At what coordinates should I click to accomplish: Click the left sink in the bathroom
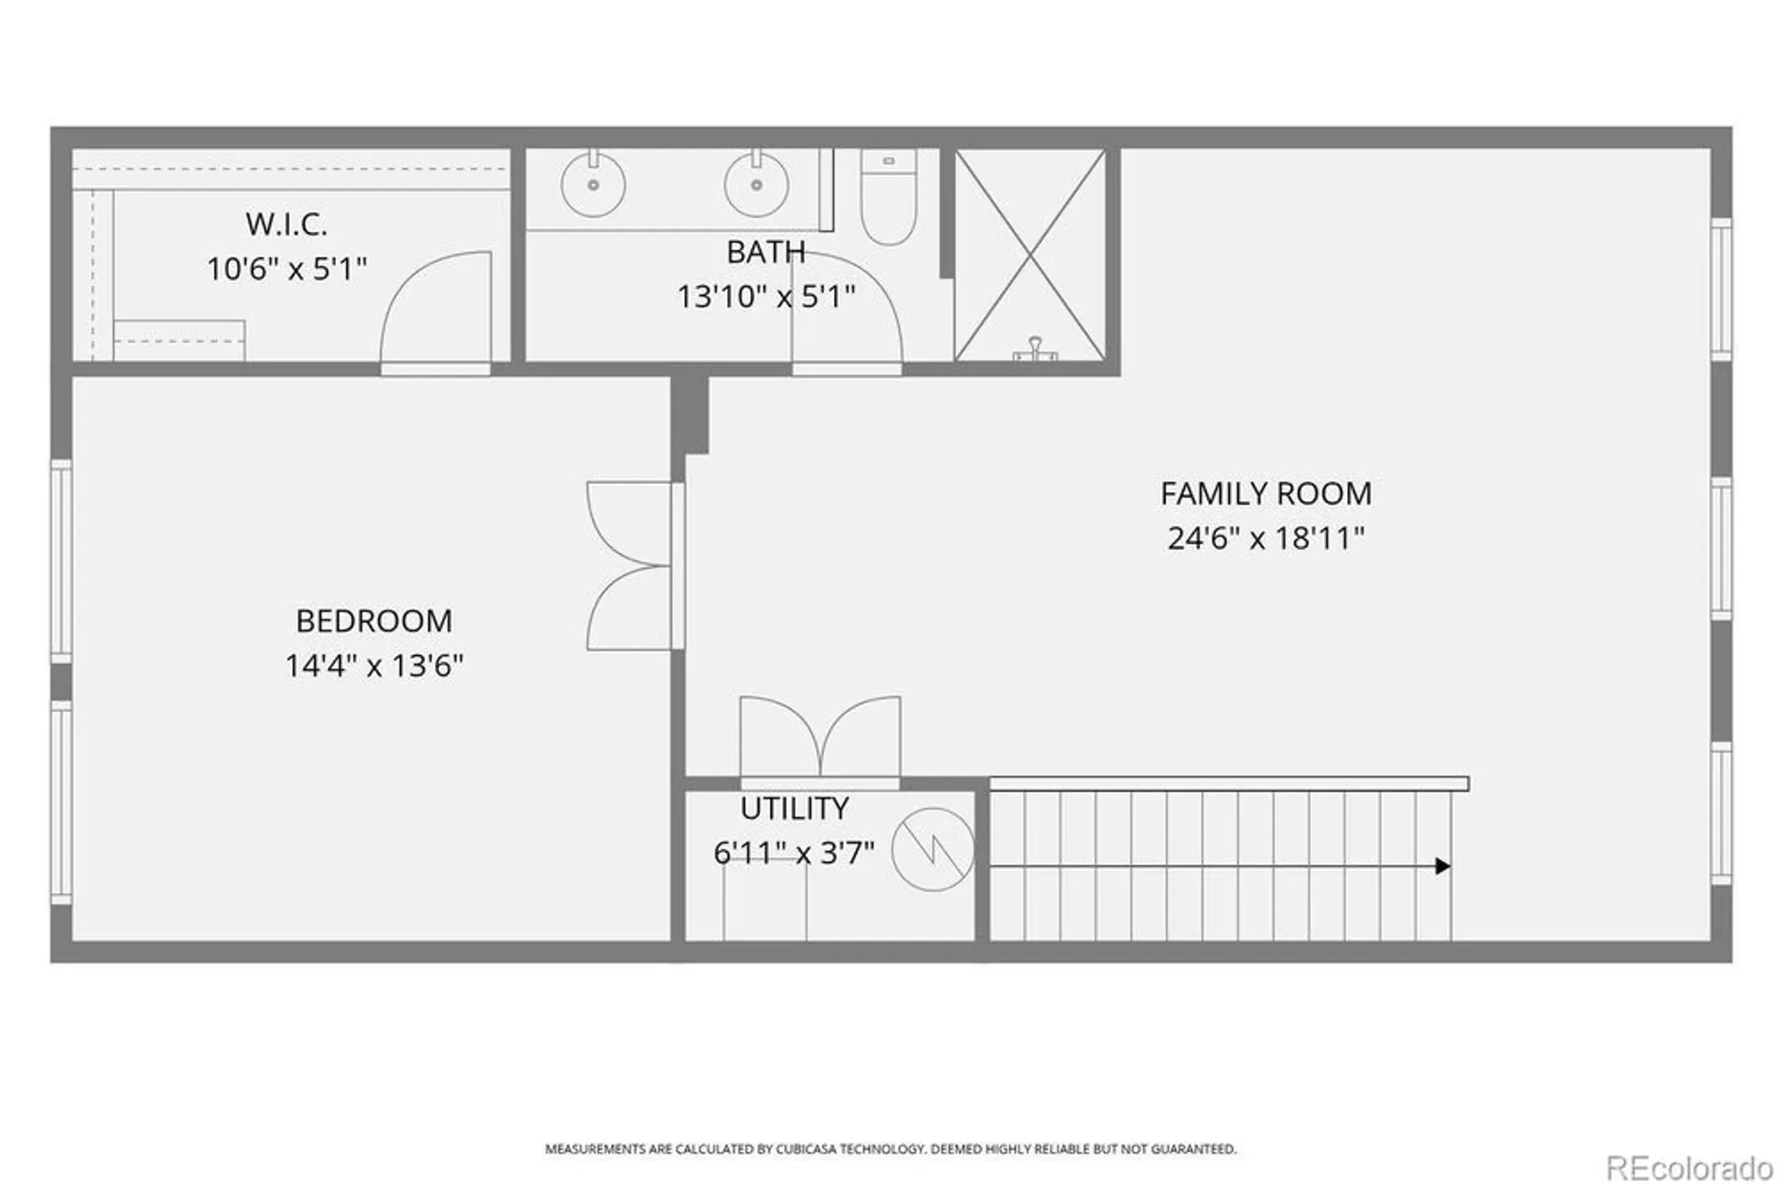[x=593, y=184]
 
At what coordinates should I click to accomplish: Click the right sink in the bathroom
[x=756, y=184]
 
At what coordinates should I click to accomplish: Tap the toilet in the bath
[x=888, y=198]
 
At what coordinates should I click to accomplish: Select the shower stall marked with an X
[x=1030, y=255]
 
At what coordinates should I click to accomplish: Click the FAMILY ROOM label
[x=1265, y=494]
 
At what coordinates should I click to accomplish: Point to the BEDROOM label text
[x=373, y=621]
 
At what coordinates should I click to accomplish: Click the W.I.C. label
[x=286, y=225]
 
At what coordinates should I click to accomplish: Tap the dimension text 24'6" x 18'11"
[x=1265, y=538]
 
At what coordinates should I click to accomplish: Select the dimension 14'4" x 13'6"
[x=373, y=666]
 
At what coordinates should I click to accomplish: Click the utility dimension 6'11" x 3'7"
[x=793, y=853]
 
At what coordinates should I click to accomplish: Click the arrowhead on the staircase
[x=1443, y=866]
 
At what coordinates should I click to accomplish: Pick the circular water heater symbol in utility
[x=933, y=849]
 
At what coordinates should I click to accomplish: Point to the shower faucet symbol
[x=1034, y=348]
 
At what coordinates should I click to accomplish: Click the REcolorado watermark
[x=1688, y=1167]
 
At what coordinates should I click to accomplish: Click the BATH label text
[x=765, y=252]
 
